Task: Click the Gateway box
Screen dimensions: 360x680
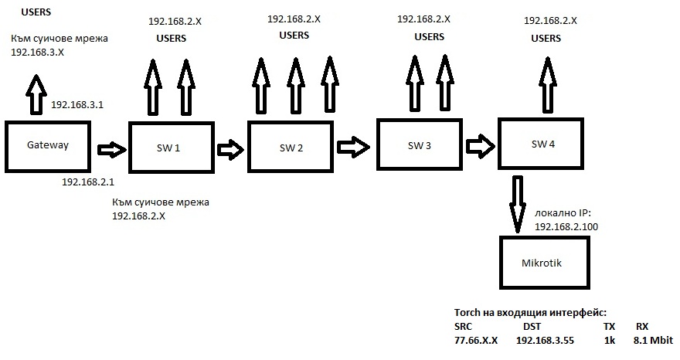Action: [x=47, y=145]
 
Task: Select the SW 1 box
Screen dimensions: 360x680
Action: [x=172, y=148]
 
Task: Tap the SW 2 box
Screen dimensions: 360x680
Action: [x=291, y=148]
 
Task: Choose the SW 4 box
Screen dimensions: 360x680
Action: [x=543, y=144]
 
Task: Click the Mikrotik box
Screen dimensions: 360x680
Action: [x=547, y=263]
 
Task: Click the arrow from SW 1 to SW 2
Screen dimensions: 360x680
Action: [x=229, y=148]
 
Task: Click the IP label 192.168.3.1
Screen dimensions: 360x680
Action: [x=76, y=104]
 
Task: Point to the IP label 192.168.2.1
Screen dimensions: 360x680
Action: [x=87, y=182]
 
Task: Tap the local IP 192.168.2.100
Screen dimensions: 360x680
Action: [x=566, y=226]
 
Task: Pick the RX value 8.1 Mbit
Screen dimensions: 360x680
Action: [x=653, y=341]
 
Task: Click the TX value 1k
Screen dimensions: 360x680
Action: [x=609, y=341]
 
